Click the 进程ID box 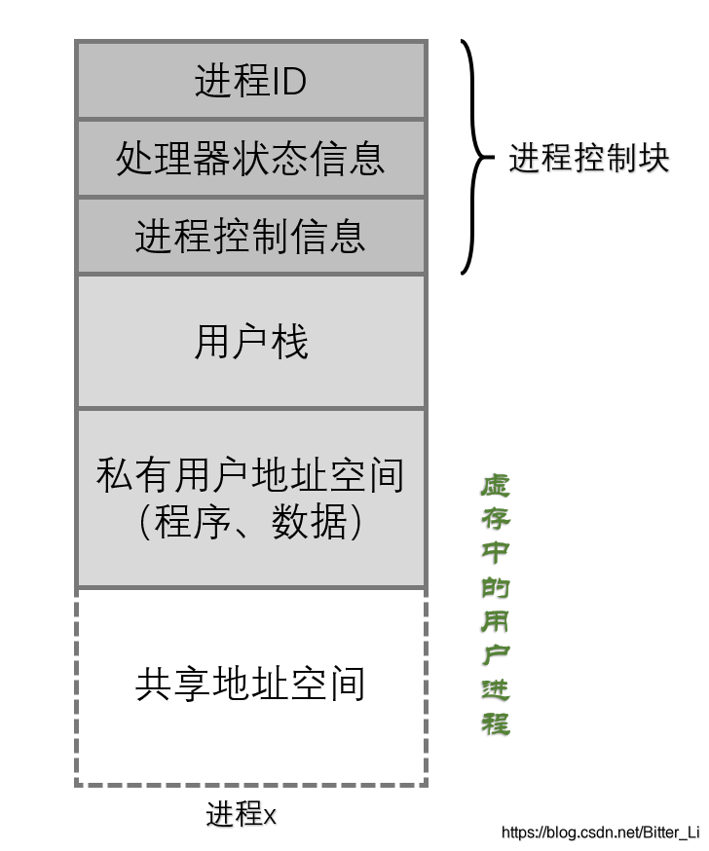250,80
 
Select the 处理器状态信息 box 250,158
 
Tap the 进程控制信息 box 250,236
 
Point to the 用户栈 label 250,343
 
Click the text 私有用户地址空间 250,476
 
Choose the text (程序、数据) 250,523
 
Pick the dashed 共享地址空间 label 250,684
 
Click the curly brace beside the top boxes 474,157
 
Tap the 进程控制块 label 589,159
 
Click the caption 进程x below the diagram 242,814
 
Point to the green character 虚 495,486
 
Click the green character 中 495,553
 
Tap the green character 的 495,587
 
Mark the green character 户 495,655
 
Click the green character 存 495,519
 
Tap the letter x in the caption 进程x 271,816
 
